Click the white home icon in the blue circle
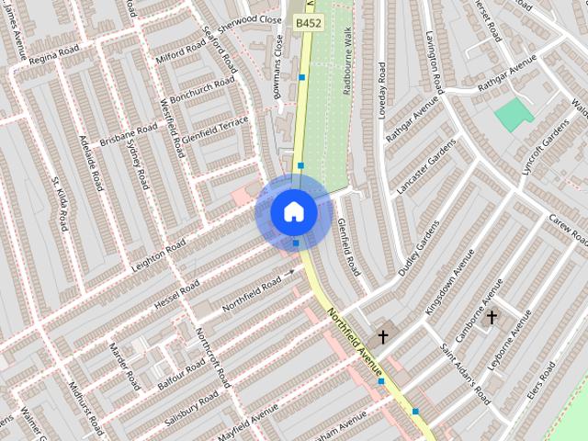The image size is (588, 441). pos(294,212)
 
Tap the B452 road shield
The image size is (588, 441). pos(308,21)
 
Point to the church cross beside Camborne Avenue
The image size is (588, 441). pos(492,318)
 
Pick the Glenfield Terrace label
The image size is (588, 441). pos(215,131)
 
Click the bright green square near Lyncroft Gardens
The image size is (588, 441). pos(514,115)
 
